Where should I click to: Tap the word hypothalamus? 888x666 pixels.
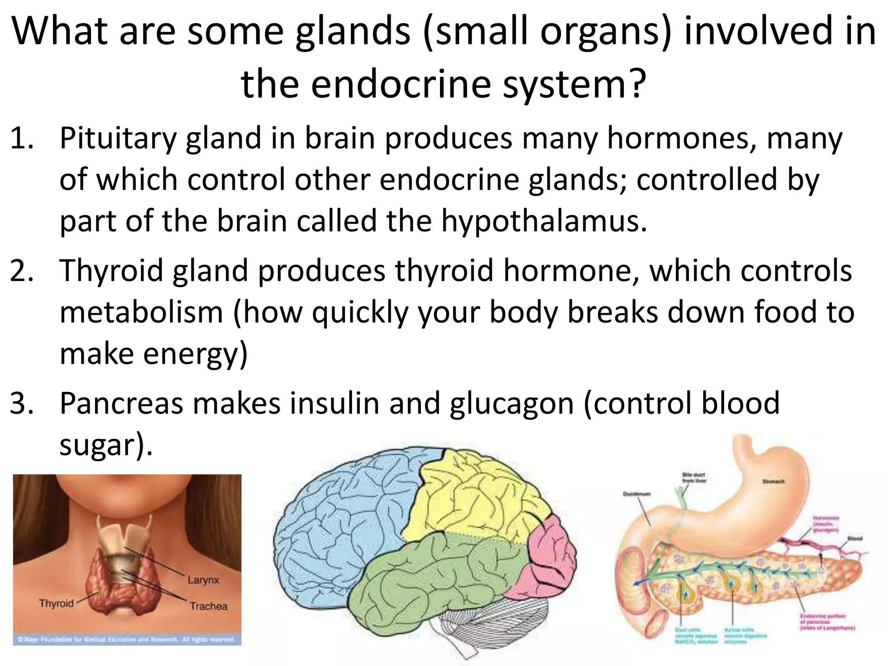tap(544, 221)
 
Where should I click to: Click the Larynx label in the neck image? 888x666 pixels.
tap(203, 580)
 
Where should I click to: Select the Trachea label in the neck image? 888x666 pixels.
tap(208, 606)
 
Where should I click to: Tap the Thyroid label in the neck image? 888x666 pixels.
tap(56, 603)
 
